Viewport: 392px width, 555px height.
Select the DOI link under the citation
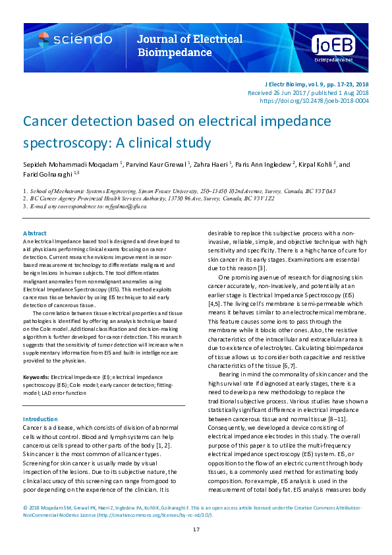(314, 101)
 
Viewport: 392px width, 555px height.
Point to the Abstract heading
(35, 233)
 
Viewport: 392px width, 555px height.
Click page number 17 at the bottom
(196, 530)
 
